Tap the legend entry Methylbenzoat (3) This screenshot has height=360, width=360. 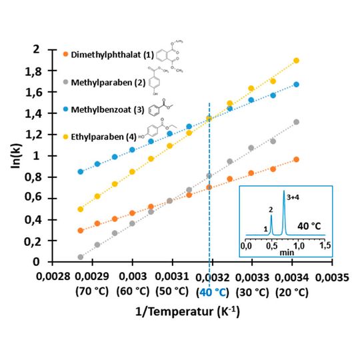point(107,109)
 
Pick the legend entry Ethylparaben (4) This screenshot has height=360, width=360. point(104,137)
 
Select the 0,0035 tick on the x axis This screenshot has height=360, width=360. point(335,276)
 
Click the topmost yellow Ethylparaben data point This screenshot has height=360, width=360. point(296,61)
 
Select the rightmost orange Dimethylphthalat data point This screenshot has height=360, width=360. point(296,159)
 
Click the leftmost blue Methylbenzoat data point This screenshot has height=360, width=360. point(81,171)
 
